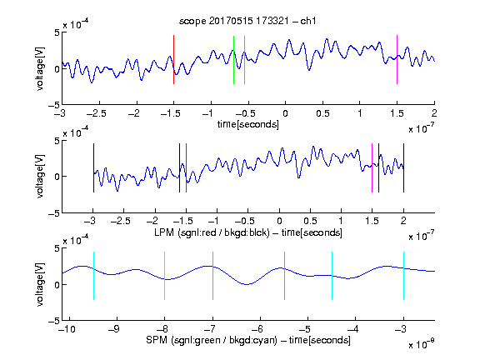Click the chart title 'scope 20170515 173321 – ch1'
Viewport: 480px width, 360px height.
(x=247, y=21)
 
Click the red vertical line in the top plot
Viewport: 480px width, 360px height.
(x=173, y=59)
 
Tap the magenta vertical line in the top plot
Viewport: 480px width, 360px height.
(x=397, y=59)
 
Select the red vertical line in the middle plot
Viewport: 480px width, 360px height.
(x=186, y=167)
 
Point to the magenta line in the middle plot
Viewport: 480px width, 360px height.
(x=372, y=167)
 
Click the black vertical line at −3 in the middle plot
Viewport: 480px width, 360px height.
(x=93, y=167)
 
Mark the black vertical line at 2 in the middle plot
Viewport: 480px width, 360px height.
(x=403, y=167)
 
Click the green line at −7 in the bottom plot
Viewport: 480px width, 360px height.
(x=212, y=276)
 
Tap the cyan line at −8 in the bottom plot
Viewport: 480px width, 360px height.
(x=165, y=276)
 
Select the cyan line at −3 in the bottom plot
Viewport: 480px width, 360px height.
(x=403, y=276)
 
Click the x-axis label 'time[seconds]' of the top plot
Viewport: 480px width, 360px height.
(x=248, y=124)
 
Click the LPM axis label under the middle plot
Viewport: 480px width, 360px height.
(x=248, y=232)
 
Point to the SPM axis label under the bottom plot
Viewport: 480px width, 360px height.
(x=248, y=340)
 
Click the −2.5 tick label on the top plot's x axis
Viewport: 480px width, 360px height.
(x=97, y=113)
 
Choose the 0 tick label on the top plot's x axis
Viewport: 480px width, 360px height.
(x=285, y=113)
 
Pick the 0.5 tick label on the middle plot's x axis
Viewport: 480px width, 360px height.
(x=310, y=221)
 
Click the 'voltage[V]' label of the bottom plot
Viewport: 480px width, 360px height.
(x=40, y=284)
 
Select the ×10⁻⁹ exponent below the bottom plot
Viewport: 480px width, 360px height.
(x=422, y=344)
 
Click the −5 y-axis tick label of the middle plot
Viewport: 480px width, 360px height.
(x=54, y=213)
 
